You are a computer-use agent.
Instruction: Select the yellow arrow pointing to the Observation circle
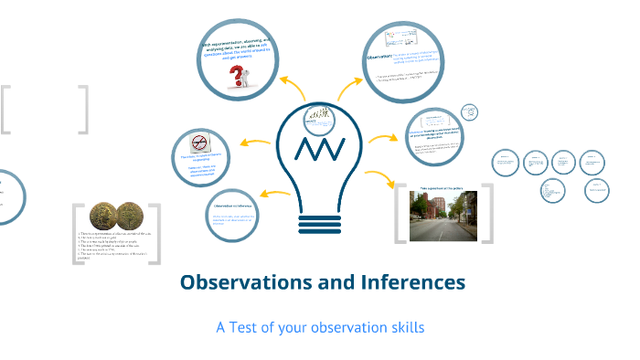[x=349, y=88]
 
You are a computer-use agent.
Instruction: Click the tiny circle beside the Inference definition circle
[x=469, y=111]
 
